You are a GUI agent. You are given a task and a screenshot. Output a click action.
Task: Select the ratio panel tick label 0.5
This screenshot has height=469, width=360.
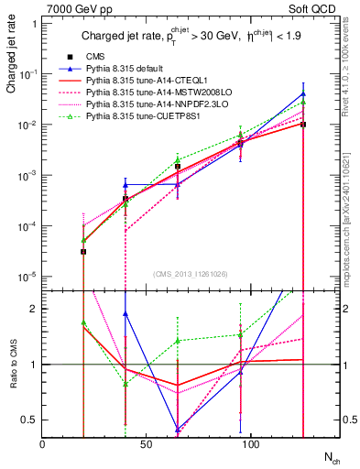[29, 420]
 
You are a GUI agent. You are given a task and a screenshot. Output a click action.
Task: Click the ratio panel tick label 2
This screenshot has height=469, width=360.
[34, 309]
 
